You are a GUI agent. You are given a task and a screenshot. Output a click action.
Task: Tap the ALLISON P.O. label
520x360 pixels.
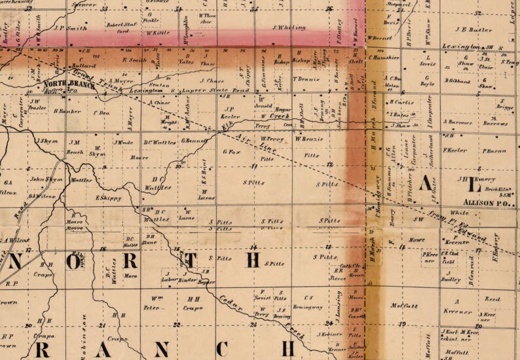482,204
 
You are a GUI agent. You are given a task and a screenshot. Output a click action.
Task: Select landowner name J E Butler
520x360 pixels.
472,30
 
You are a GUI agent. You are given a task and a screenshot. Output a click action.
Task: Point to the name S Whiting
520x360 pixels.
288,27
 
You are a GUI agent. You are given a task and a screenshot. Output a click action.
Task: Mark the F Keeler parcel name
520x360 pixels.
455,150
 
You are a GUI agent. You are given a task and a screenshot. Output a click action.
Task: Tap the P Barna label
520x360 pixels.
494,151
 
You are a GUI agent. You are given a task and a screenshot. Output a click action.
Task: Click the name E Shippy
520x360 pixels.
109,198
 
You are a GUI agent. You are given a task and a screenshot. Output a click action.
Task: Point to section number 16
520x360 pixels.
102,249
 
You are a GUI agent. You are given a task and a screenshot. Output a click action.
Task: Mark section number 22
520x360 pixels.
177,324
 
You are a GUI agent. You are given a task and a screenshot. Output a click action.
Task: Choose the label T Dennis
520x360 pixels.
306,79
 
